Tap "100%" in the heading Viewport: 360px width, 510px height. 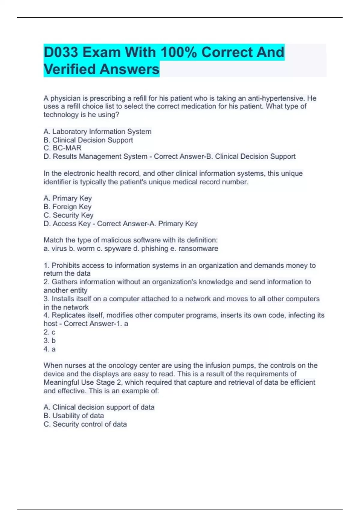[x=179, y=52]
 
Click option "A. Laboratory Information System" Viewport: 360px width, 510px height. [x=97, y=132]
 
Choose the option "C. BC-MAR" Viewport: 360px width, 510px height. [x=62, y=148]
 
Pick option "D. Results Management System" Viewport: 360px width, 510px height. [x=95, y=157]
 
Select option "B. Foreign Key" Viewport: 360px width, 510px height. [x=67, y=207]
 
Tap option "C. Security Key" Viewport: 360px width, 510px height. [x=68, y=215]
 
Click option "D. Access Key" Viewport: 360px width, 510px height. [x=67, y=224]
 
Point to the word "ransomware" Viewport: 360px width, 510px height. [x=198, y=249]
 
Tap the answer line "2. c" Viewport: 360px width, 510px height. [x=49, y=332]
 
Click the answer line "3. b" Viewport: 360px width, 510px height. [x=49, y=341]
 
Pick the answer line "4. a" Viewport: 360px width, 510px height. [x=49, y=349]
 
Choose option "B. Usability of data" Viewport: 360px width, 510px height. [x=73, y=416]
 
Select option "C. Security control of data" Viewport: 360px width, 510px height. [x=85, y=424]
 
